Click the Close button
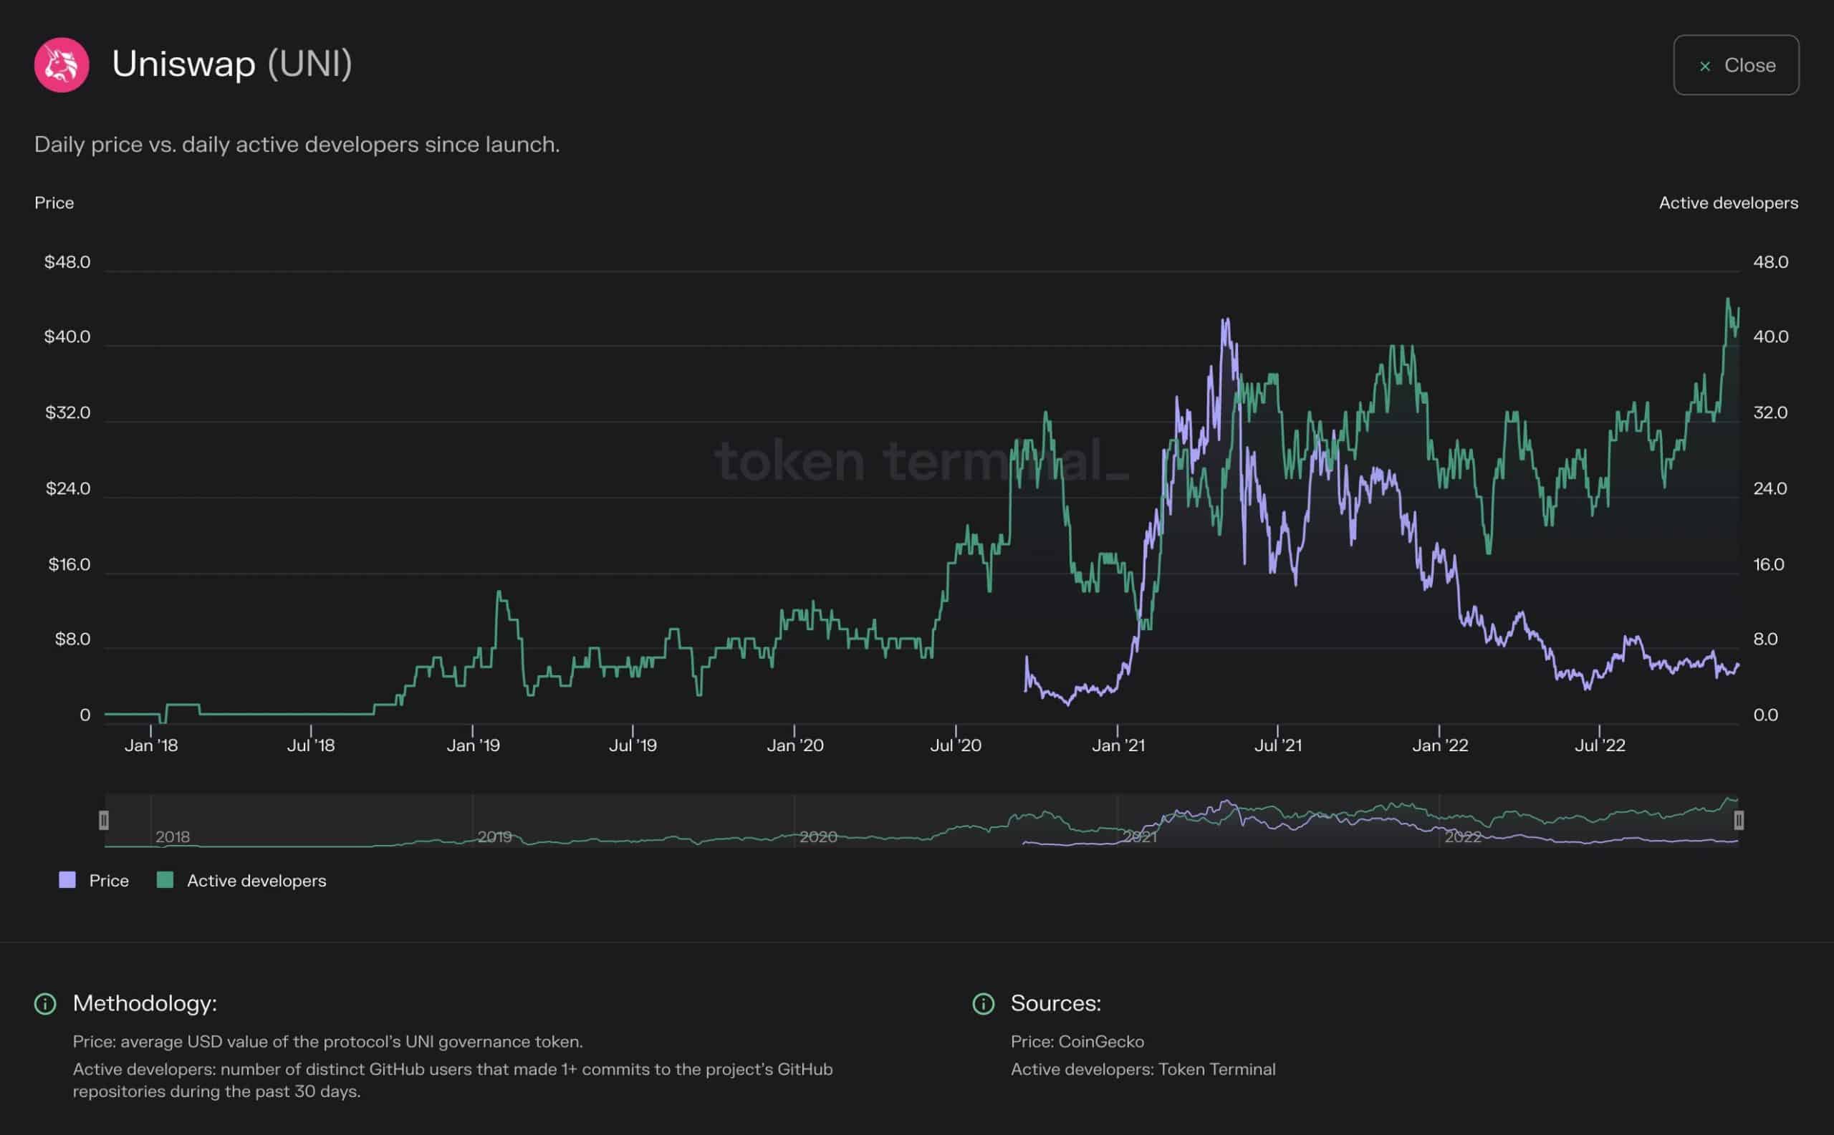tap(1736, 65)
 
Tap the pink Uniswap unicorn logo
tap(62, 65)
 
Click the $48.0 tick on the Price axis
tap(67, 262)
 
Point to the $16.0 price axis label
tap(69, 564)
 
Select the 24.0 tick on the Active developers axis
tap(1770, 488)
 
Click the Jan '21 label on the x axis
tap(1118, 745)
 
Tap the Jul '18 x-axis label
tap(311, 745)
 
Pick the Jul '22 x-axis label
tap(1600, 745)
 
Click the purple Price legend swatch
tap(67, 881)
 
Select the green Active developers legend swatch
tap(165, 881)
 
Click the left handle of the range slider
tap(104, 821)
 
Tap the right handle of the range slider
tap(1739, 821)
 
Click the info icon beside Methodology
tap(45, 1004)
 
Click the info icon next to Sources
tap(983, 1004)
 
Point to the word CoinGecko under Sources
tap(1100, 1042)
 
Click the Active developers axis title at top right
tap(1728, 203)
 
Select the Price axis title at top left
tap(54, 203)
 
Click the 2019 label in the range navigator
tap(494, 836)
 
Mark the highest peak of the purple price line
tap(1226, 320)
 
